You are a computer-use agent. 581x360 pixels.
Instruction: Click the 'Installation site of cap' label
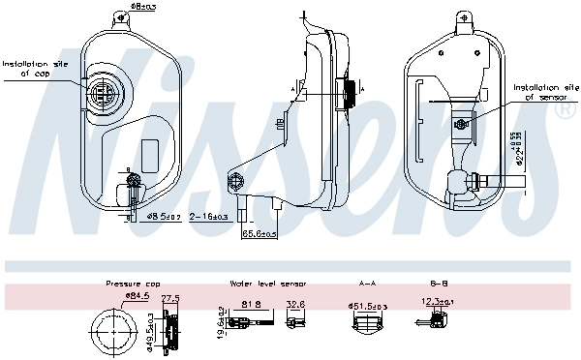(x=33, y=69)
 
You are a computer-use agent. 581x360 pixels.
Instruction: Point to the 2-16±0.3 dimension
(x=209, y=217)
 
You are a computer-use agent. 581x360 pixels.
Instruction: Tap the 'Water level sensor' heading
(x=268, y=284)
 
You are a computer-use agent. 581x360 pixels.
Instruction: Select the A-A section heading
(x=367, y=284)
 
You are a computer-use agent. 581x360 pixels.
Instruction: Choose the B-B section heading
(x=439, y=284)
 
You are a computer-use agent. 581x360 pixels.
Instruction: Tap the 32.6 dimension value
(x=295, y=304)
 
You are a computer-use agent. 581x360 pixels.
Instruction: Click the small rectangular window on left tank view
(x=150, y=154)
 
